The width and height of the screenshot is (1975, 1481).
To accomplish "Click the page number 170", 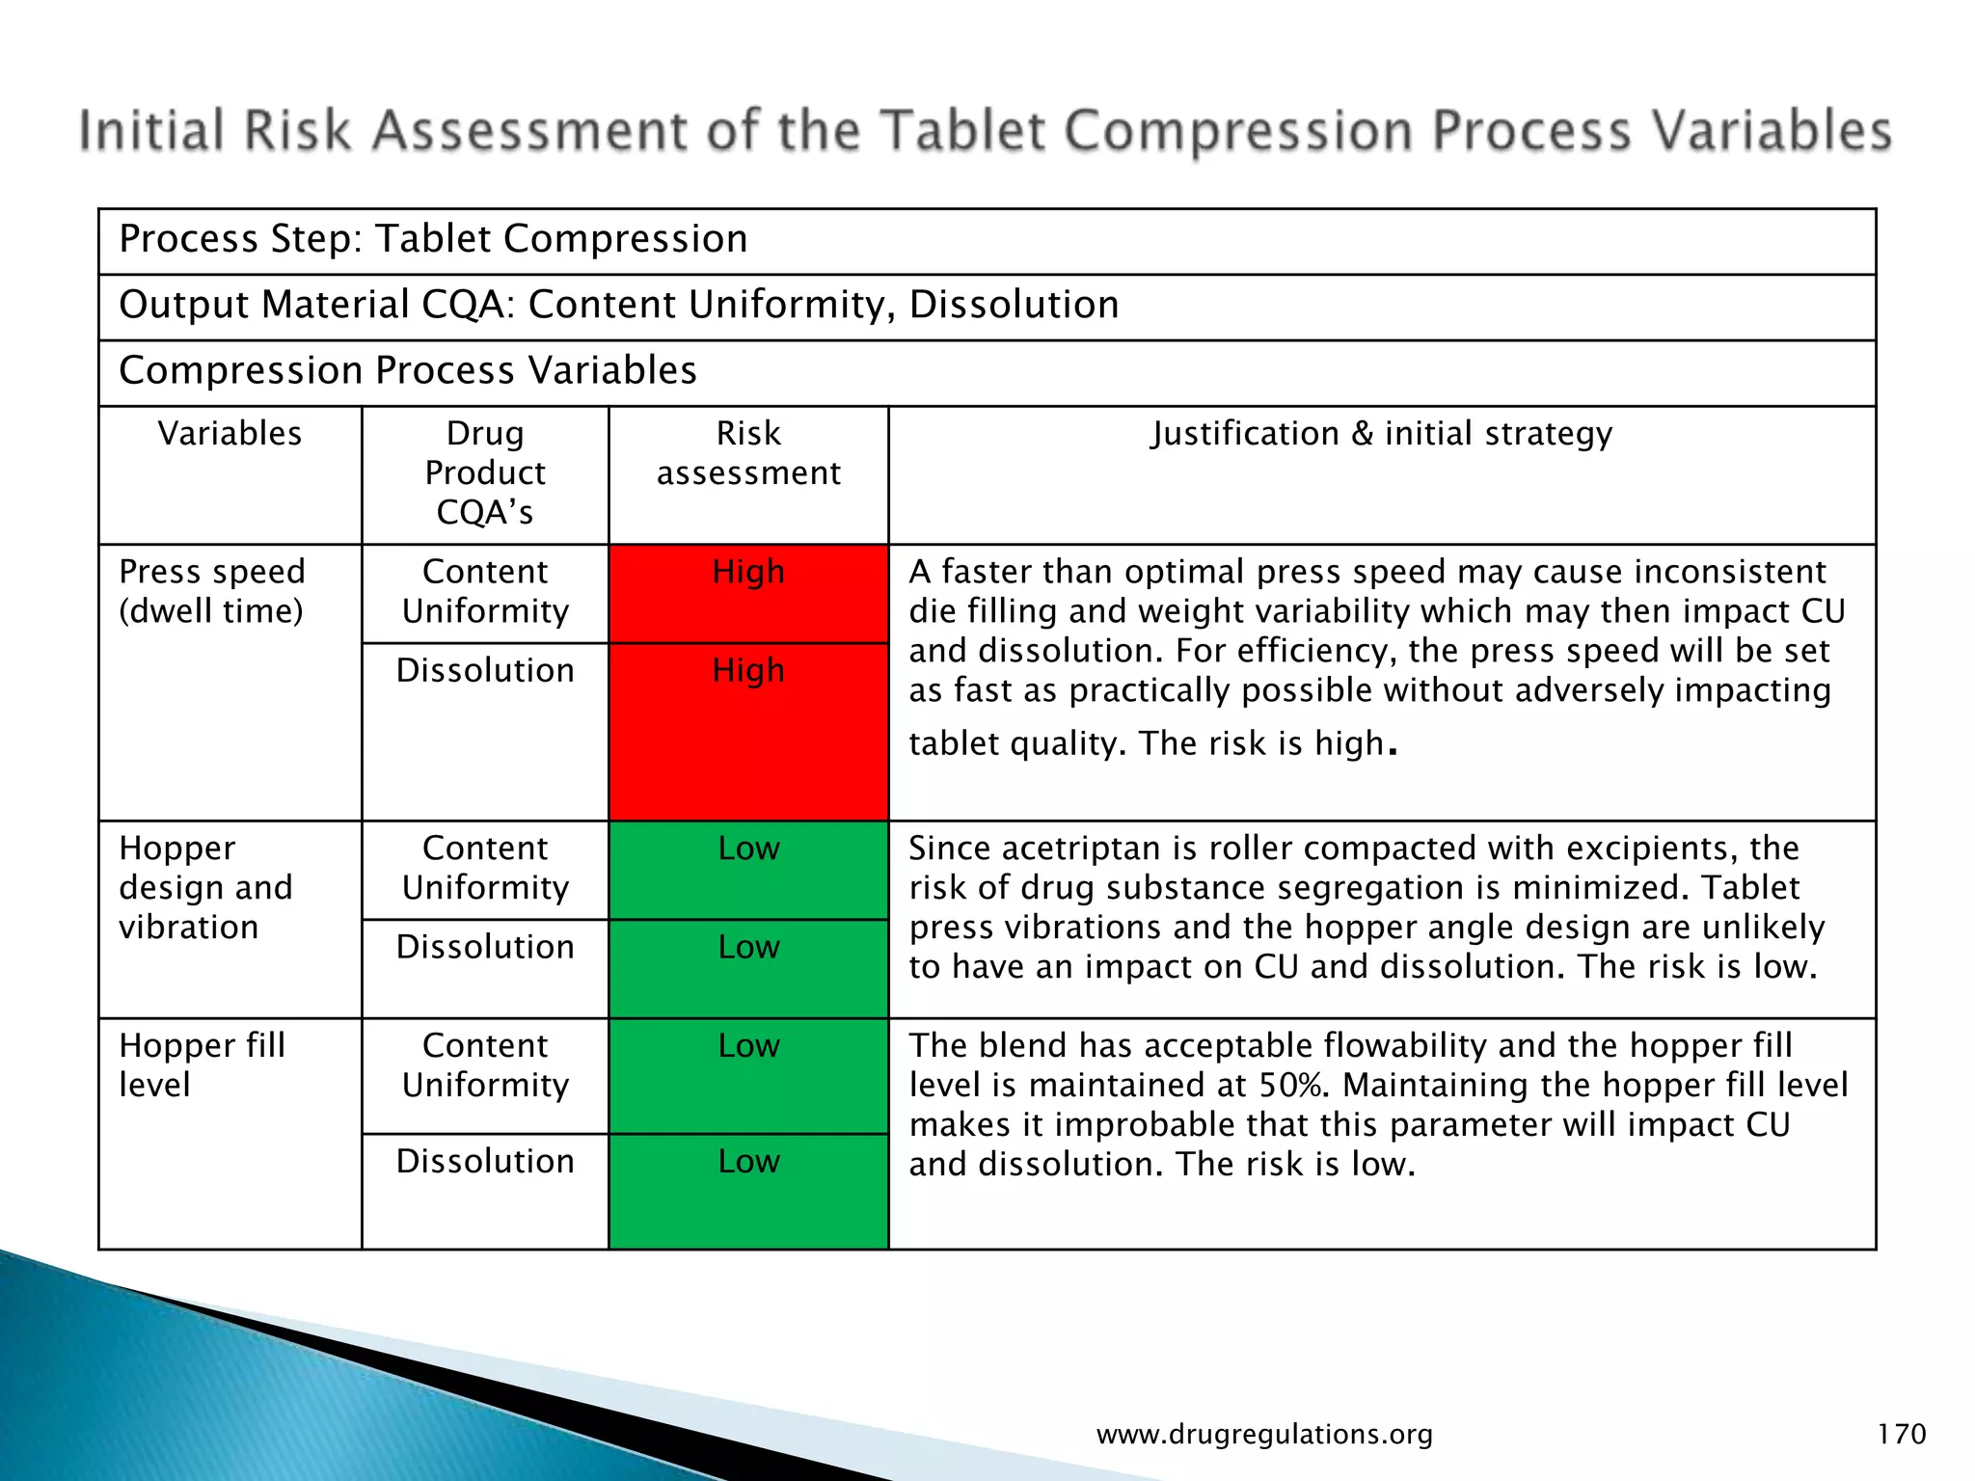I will point(1901,1434).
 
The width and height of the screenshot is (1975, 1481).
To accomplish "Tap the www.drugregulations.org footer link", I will point(1264,1435).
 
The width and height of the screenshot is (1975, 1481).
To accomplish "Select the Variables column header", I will point(230,434).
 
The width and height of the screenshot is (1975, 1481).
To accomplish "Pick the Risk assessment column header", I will point(748,453).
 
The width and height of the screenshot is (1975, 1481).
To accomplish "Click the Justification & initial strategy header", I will point(1381,434).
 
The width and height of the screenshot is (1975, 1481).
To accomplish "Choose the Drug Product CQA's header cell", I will point(485,472).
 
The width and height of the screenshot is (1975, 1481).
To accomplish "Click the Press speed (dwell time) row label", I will point(212,591).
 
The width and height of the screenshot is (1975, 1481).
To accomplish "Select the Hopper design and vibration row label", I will point(205,887).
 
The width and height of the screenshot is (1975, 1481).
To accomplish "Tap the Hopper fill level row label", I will point(202,1064).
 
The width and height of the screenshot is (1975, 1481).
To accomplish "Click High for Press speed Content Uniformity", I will point(748,572).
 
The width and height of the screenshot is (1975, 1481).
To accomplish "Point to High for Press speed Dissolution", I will point(748,670).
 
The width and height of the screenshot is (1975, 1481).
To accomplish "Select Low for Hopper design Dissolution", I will point(748,947).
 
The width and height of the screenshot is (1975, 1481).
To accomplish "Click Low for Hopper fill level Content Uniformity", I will point(748,1045).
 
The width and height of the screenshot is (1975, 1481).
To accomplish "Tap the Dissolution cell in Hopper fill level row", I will point(485,1161).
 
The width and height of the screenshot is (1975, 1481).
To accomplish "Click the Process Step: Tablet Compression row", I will point(433,239).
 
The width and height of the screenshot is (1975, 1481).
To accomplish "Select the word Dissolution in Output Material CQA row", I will point(1014,305).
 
